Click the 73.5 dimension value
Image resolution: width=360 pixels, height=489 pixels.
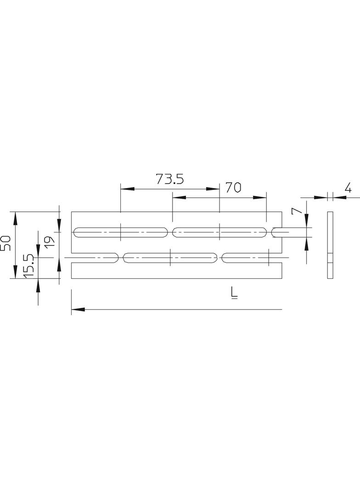point(169,179)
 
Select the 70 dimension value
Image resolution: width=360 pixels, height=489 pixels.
point(233,187)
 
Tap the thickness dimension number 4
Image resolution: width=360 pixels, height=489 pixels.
point(348,188)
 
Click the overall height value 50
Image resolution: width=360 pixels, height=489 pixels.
point(6,243)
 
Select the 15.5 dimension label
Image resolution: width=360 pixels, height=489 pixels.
point(28,266)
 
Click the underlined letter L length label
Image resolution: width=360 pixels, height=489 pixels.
point(234,292)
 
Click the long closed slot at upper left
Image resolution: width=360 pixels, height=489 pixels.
point(120,232)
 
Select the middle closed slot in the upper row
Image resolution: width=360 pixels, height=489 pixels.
point(219,232)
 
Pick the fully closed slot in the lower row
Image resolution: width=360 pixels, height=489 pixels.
point(170,258)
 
